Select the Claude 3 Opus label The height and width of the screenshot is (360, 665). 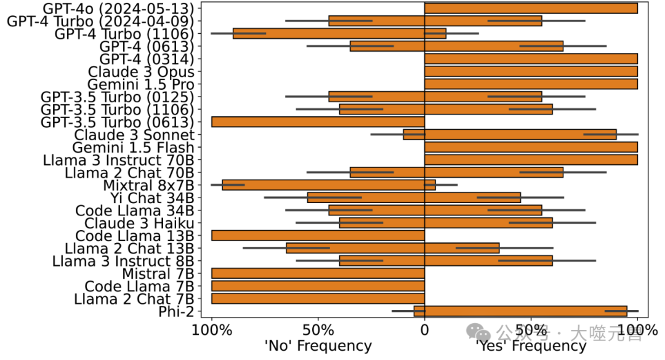coord(141,71)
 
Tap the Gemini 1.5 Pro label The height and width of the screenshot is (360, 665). coord(140,84)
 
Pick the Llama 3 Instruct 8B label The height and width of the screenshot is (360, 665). coord(123,261)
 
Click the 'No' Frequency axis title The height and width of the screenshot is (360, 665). coord(318,346)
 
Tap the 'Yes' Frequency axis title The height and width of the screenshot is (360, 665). coord(531,346)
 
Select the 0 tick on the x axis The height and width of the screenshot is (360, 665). coord(424,330)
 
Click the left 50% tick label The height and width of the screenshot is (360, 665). coord(318,330)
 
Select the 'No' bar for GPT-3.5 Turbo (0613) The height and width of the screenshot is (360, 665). coord(318,122)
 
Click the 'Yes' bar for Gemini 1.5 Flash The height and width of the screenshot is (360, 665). coord(531,147)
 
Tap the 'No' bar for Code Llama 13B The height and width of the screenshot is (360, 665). coord(318,235)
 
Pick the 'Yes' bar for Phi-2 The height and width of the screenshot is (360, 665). coord(526,311)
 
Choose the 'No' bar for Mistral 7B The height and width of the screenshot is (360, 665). coord(318,273)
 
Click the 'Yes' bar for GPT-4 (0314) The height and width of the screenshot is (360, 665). coord(531,59)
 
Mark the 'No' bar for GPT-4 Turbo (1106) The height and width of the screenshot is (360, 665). coord(328,33)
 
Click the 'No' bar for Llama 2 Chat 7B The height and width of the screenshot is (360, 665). coord(318,298)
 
